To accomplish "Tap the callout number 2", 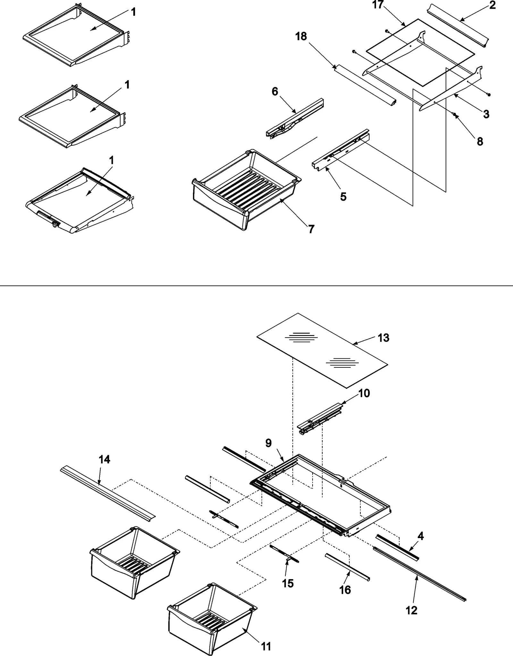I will click(492, 5).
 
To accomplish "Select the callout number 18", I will click(301, 37).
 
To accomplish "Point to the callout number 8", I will click(480, 141).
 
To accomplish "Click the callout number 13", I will click(383, 338).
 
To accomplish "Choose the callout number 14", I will click(105, 460).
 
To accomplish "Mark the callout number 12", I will click(412, 611).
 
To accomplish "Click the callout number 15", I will click(288, 583).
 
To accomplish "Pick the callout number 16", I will click(345, 590).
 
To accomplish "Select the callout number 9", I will click(268, 443).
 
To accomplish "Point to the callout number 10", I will click(364, 393).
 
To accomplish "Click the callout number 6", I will click(275, 92).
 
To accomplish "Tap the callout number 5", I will click(343, 197).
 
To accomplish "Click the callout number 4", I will click(420, 536).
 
